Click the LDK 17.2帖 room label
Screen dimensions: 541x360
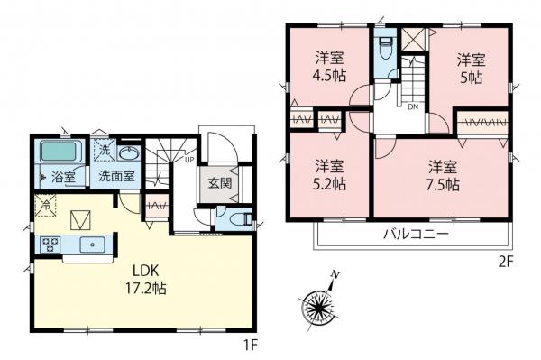coord(145,279)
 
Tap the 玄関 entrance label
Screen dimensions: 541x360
coord(219,183)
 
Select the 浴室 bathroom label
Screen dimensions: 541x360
coord(63,177)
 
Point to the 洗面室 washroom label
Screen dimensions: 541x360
coord(116,176)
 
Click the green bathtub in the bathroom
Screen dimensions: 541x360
coord(59,152)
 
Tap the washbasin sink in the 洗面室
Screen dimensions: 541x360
coord(129,152)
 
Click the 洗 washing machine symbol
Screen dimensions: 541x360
coord(104,151)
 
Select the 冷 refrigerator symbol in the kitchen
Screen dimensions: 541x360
coord(45,205)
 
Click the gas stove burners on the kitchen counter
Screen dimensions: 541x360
coord(50,244)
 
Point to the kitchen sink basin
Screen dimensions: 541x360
coord(92,245)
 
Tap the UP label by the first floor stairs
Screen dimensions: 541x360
coord(189,160)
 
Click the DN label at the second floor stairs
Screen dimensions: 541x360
coord(413,106)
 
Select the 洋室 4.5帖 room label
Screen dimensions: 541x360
coord(330,67)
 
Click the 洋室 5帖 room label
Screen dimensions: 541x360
coord(472,69)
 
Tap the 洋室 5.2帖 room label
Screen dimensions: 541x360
coord(329,175)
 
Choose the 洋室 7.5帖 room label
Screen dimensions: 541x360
coord(443,176)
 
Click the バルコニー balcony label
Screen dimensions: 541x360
coord(417,235)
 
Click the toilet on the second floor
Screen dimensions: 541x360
coord(385,49)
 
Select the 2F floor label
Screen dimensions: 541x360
coord(506,263)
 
